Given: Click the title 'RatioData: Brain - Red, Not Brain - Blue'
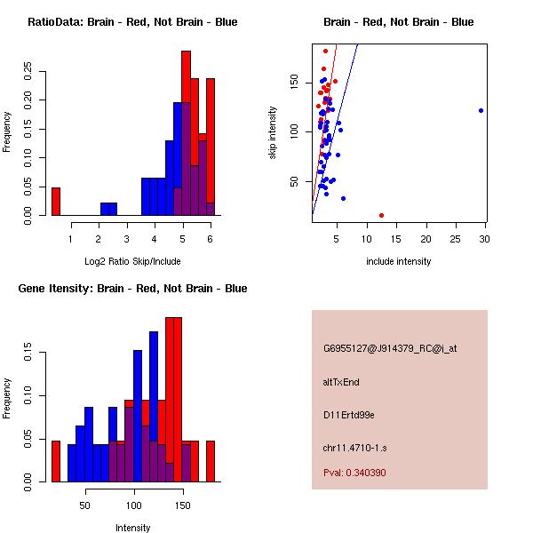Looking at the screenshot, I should click(x=132, y=22).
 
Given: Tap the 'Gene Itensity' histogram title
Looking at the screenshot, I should click(x=132, y=289).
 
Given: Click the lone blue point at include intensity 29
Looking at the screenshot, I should click(x=481, y=110).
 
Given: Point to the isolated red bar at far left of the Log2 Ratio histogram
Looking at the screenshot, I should click(x=55, y=201).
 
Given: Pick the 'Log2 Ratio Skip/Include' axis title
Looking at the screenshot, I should click(x=132, y=260).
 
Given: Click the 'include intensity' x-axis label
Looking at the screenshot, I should click(x=399, y=261).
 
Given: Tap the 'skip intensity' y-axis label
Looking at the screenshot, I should click(x=274, y=133).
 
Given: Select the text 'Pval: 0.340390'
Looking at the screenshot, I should click(x=367, y=473).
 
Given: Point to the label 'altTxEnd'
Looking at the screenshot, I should click(x=341, y=382).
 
